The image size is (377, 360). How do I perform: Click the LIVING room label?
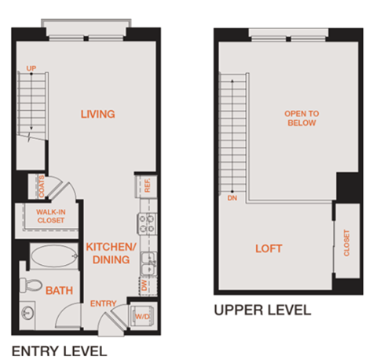[x=98, y=115]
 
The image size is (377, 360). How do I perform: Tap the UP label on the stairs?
[x=32, y=69]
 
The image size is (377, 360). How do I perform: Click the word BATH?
[x=59, y=291]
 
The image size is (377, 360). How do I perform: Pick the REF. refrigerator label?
[x=147, y=186]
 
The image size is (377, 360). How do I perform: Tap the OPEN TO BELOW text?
[x=300, y=118]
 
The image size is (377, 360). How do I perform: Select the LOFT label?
[x=269, y=249]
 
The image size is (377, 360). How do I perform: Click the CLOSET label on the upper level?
[x=346, y=244]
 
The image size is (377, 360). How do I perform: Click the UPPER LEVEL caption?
[x=262, y=310]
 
